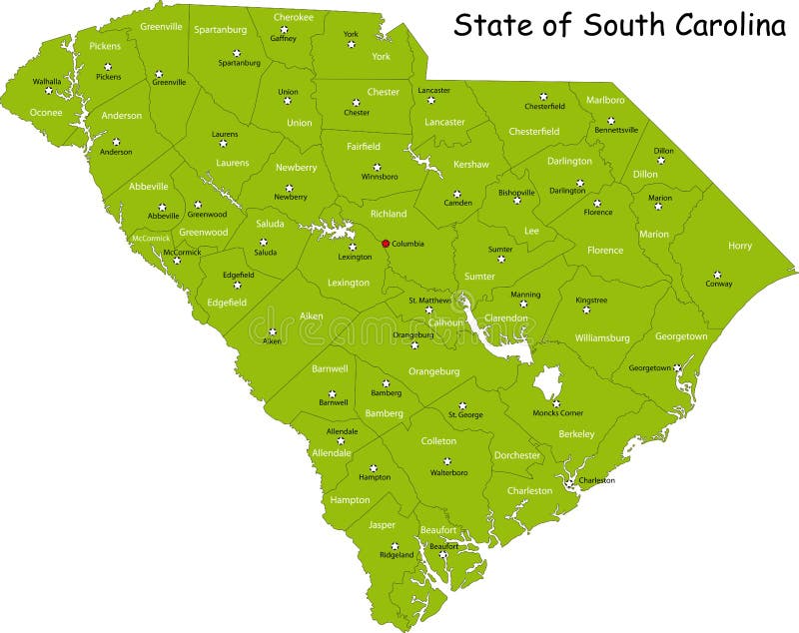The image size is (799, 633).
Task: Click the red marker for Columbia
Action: point(386,243)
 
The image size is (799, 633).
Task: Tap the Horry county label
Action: point(740,246)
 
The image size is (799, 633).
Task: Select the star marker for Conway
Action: point(717,274)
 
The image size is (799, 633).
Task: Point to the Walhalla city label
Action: point(47,81)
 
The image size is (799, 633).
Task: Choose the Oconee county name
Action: point(46,113)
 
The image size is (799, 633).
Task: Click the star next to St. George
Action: point(462,404)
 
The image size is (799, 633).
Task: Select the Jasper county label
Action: point(382,524)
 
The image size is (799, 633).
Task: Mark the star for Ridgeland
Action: point(395,545)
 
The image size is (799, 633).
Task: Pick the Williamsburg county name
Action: point(602,338)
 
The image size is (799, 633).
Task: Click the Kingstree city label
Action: point(591,300)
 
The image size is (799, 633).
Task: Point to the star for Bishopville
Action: point(517,200)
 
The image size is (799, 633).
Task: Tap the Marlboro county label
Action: point(605,101)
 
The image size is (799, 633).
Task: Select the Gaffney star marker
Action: point(284,29)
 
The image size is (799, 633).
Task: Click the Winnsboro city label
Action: point(379,177)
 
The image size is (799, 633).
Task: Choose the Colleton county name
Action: point(438,440)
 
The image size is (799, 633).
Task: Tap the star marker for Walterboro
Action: point(447,461)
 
